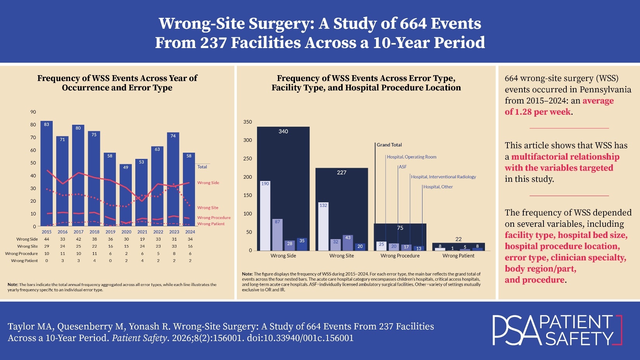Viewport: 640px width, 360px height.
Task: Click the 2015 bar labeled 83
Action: tap(47, 174)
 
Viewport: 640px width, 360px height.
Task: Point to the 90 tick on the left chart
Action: tap(33, 112)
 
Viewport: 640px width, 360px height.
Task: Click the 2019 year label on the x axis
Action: tap(110, 232)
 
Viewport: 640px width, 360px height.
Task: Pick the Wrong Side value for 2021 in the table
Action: tap(142, 239)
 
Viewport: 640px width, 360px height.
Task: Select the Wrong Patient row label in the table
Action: tap(24, 261)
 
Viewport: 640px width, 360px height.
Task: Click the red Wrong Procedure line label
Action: tap(214, 218)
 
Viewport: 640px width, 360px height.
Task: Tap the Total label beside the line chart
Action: tap(202, 167)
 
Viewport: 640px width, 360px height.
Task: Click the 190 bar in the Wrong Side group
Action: tap(265, 216)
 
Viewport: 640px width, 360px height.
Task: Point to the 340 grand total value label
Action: tap(283, 132)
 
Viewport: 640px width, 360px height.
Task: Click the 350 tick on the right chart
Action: tap(247, 122)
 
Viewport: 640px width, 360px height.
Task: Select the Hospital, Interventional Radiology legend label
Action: tap(443, 177)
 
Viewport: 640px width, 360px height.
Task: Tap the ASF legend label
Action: tap(403, 167)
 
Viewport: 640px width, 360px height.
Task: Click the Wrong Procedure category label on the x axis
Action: tap(400, 256)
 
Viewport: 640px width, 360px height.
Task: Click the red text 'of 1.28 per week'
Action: tap(538, 112)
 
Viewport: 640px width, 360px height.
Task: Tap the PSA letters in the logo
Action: tap(516, 331)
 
